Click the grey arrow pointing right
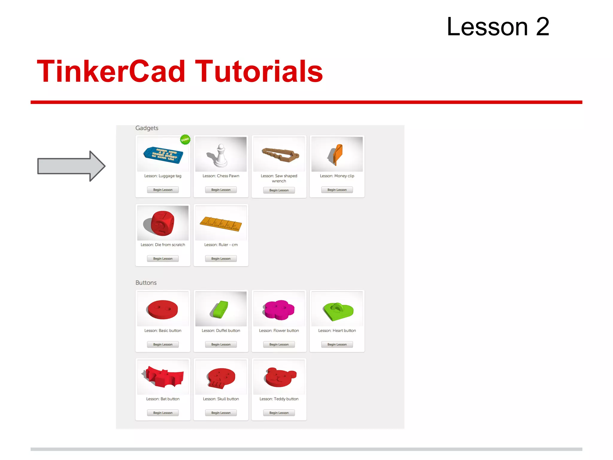click(71, 166)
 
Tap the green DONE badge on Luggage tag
click(185, 139)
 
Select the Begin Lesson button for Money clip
click(337, 190)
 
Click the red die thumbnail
click(163, 223)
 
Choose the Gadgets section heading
click(147, 128)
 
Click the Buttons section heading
click(146, 283)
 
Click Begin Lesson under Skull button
click(221, 413)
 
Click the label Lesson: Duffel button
click(221, 331)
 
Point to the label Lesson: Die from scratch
click(163, 245)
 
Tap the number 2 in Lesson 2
click(542, 27)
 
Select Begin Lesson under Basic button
click(163, 344)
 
